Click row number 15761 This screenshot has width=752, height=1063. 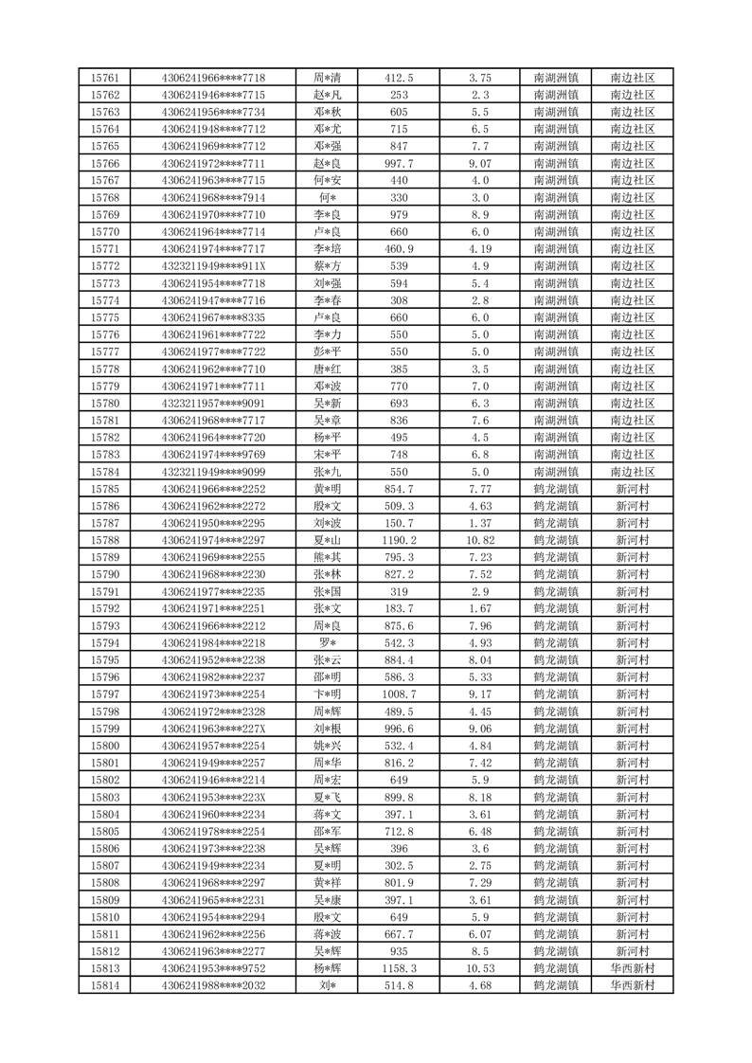[104, 78]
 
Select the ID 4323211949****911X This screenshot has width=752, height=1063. [213, 266]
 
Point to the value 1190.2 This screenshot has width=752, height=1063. [400, 540]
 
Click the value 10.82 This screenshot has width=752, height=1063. [480, 540]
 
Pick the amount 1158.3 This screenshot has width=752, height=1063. [400, 969]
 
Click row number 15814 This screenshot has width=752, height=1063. [104, 986]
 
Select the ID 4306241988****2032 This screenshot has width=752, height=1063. [213, 986]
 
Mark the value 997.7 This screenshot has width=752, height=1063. [400, 163]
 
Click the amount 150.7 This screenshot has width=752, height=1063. [400, 523]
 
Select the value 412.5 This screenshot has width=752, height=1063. [400, 78]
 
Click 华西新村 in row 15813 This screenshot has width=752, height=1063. [633, 969]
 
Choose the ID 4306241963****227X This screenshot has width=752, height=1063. [213, 729]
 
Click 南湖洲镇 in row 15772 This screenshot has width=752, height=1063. [557, 266]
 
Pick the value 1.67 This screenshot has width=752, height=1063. [480, 608]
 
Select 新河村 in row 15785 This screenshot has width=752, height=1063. [633, 489]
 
